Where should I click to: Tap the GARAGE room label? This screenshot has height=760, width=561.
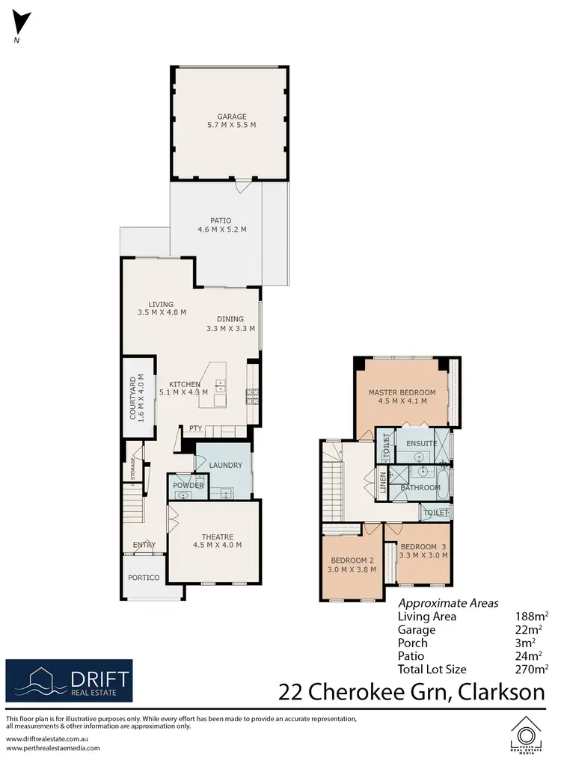(x=231, y=117)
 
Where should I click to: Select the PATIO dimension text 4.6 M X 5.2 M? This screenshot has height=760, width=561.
(x=222, y=230)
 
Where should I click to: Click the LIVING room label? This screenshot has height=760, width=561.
(x=161, y=304)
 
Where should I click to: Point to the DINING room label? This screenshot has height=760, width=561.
(x=231, y=318)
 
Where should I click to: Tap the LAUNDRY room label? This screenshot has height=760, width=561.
(x=225, y=466)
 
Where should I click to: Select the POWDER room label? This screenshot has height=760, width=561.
(x=188, y=486)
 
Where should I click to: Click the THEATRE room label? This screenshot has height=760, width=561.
(x=218, y=537)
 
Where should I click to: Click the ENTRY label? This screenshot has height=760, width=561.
(x=144, y=545)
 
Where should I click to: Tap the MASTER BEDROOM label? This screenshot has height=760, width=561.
(x=402, y=392)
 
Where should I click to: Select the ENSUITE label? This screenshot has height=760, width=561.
(x=422, y=443)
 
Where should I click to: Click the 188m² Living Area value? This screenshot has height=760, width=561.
(x=532, y=617)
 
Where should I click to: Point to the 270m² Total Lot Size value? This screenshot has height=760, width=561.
(x=532, y=670)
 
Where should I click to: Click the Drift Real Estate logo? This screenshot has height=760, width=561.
(x=69, y=681)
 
